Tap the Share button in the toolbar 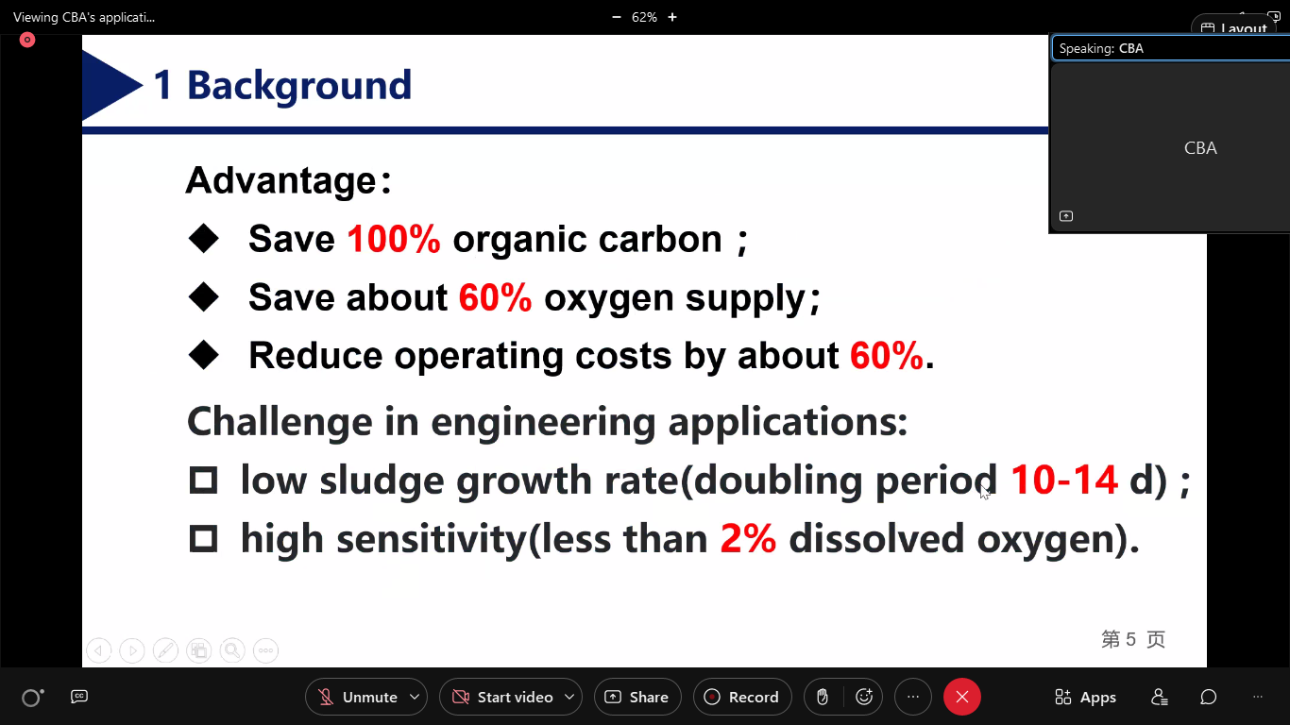(x=637, y=697)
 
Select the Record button (x=742, y=697)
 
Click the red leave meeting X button (x=961, y=697)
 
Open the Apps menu (x=1086, y=697)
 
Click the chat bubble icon (x=1208, y=697)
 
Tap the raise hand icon (x=823, y=697)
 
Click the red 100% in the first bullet (x=394, y=239)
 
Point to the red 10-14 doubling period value (x=1064, y=480)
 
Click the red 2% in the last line (x=748, y=539)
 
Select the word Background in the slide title (x=299, y=85)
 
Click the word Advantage (x=281, y=181)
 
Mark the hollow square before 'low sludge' (x=203, y=481)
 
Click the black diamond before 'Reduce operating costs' (x=203, y=355)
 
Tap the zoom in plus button (x=672, y=17)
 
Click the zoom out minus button (x=617, y=17)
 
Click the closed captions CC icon (x=79, y=697)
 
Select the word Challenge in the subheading (x=280, y=423)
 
